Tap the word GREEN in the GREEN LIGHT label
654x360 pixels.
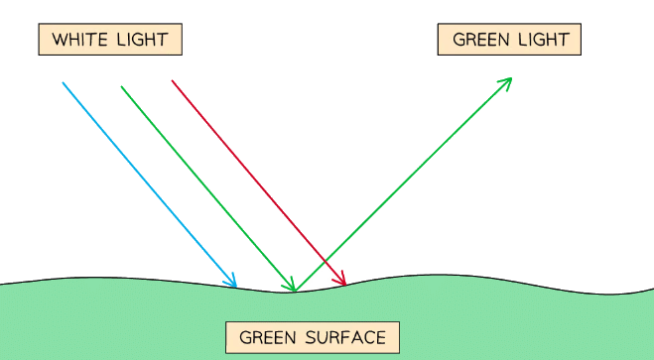[479, 40]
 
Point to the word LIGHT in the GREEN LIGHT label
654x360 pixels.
[542, 40]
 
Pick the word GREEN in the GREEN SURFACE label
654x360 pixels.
[265, 337]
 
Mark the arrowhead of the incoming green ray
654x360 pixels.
[293, 289]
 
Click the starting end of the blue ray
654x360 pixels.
[63, 82]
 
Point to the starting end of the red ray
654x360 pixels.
[172, 80]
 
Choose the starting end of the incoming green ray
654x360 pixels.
[121, 86]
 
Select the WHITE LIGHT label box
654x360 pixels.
[110, 40]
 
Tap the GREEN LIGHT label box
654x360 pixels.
[509, 40]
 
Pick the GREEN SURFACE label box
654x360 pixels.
[312, 337]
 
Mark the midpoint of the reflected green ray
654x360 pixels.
[403, 183]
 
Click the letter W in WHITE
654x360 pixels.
[58, 40]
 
